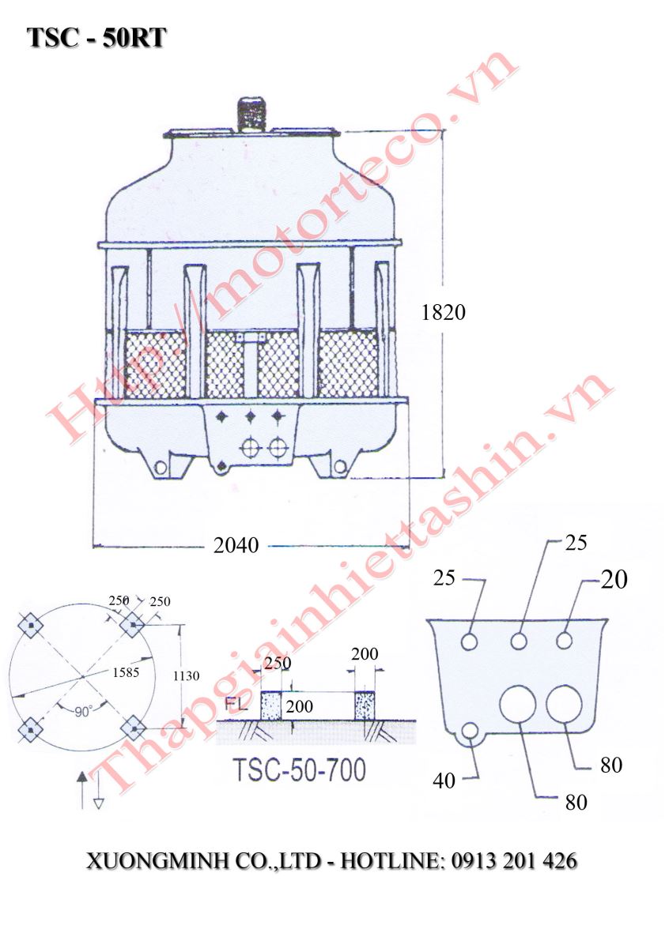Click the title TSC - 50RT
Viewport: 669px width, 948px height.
tap(96, 38)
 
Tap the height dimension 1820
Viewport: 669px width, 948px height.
tap(443, 313)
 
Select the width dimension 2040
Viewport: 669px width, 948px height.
tap(236, 546)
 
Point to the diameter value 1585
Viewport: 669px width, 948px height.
tap(126, 672)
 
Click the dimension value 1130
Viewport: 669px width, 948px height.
tap(186, 676)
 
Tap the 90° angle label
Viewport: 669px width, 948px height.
tap(83, 713)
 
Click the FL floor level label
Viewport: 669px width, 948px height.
tap(236, 705)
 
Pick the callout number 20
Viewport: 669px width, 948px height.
tap(614, 579)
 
